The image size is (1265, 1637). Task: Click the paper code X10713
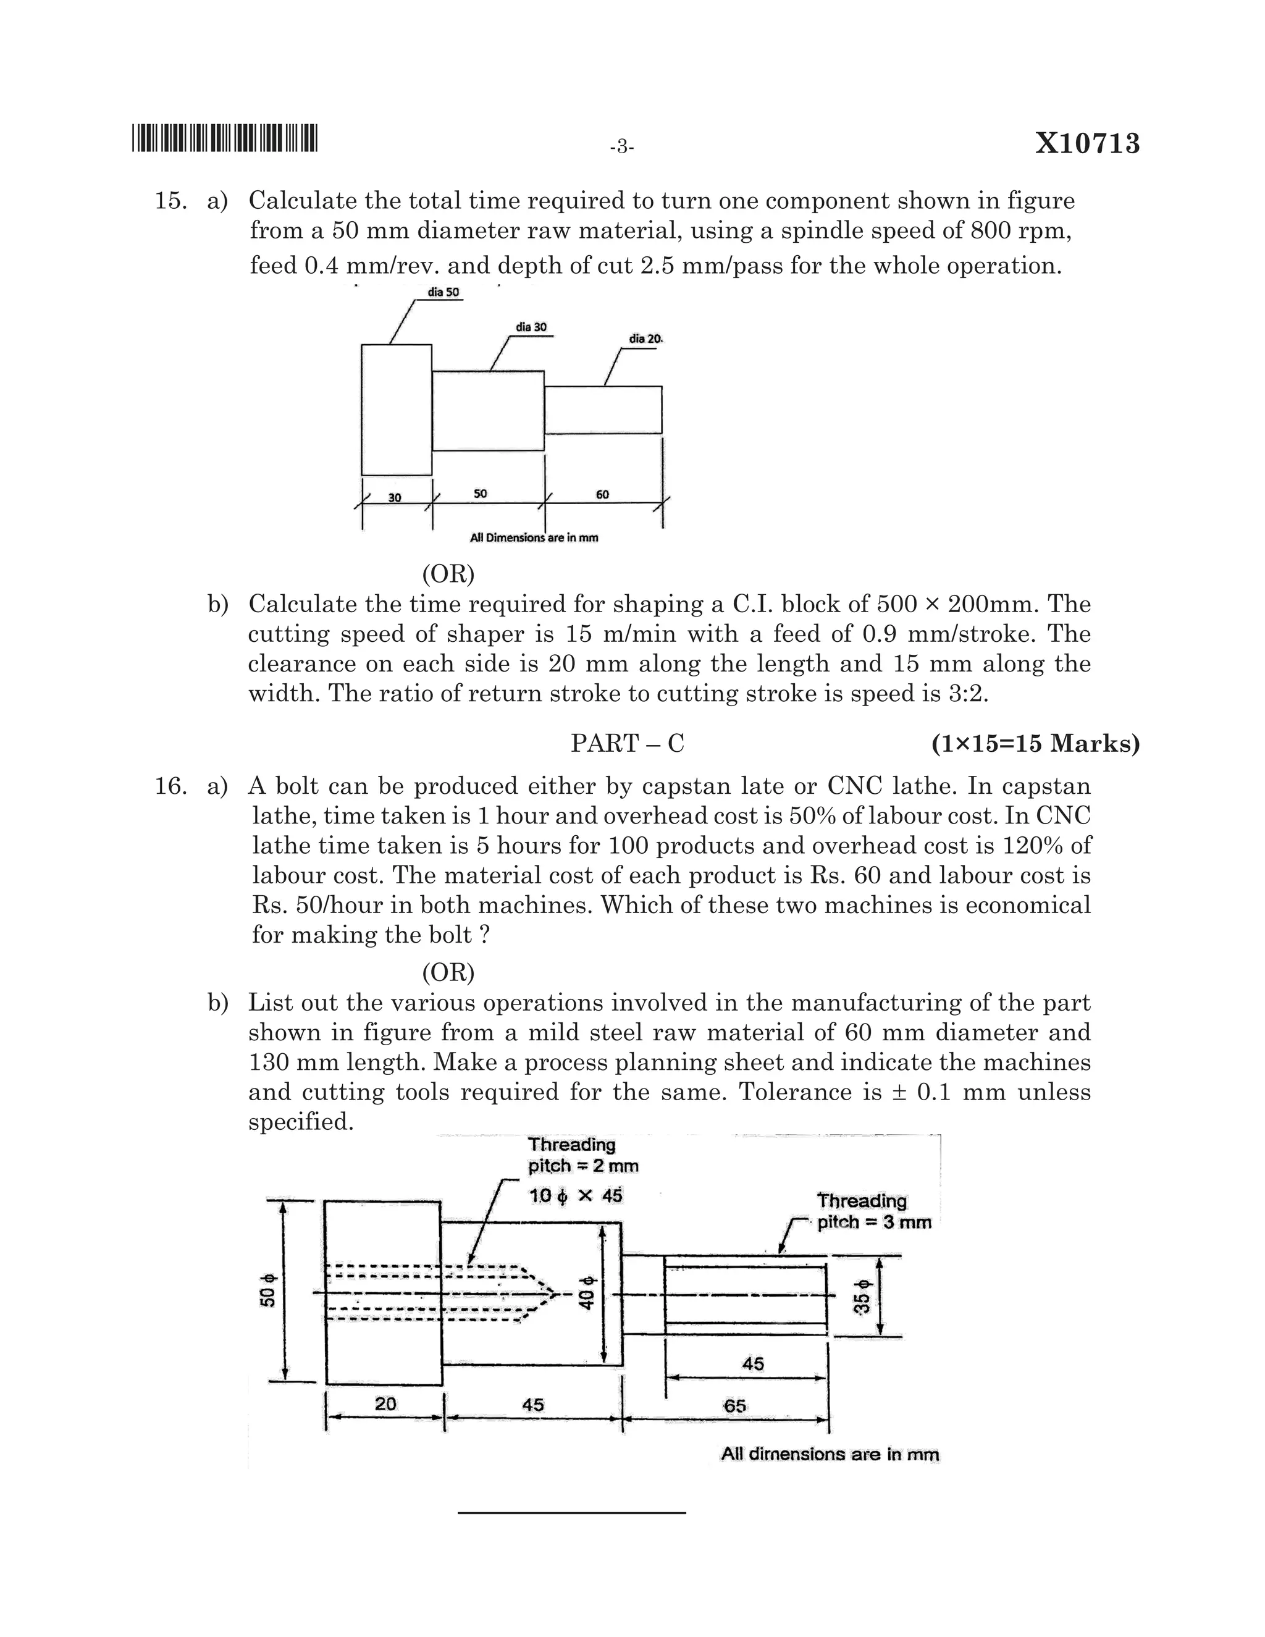pos(1087,143)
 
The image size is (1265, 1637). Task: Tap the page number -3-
pos(622,147)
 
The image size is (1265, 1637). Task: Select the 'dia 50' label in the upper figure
pos(443,292)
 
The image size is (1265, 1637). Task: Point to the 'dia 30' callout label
pos(531,327)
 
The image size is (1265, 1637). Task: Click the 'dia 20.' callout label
pos(646,339)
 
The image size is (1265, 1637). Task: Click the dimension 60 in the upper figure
pos(602,494)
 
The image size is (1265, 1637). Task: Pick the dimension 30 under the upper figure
pos(395,498)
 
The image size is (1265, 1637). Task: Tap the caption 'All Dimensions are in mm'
pos(534,537)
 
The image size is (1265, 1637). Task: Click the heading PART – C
pos(628,744)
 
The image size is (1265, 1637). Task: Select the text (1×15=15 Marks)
pos(1035,744)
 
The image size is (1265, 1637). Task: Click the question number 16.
pos(170,786)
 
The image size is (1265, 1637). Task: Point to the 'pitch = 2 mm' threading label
pos(583,1166)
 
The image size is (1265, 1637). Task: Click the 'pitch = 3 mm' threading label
pos(874,1222)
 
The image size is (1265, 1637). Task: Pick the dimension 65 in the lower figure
pos(734,1405)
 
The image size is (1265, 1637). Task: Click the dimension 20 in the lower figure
pos(385,1403)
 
